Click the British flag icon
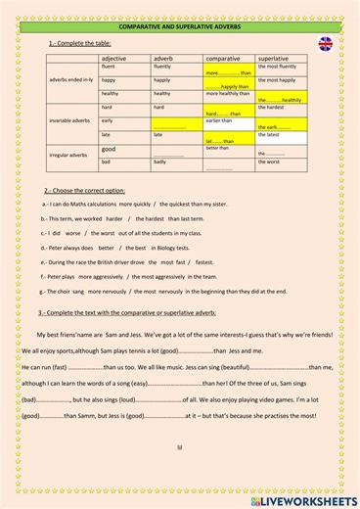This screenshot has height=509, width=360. (325, 44)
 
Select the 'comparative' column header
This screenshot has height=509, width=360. (223, 59)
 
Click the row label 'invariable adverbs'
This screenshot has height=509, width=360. (71, 120)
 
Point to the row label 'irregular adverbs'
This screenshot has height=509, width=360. (71, 155)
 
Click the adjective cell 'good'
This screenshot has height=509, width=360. (109, 149)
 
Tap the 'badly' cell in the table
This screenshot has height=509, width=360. (160, 162)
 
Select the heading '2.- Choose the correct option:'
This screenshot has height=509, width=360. (85, 190)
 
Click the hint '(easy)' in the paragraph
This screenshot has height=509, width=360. (143, 383)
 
